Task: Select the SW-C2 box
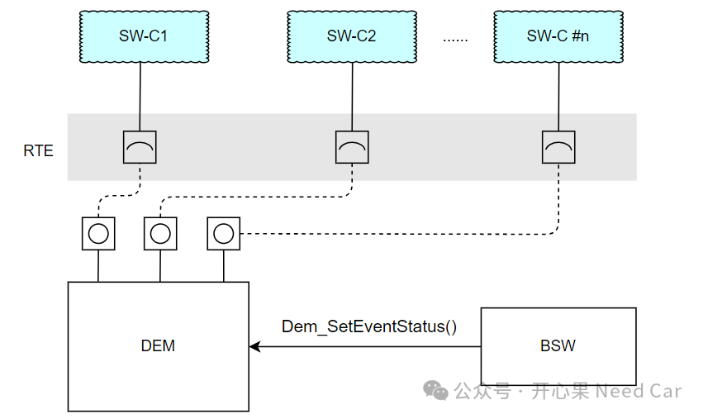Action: (x=352, y=36)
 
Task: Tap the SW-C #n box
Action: (x=558, y=36)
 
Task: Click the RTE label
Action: (x=39, y=150)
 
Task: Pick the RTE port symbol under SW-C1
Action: (x=140, y=147)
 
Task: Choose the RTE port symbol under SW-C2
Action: (x=352, y=147)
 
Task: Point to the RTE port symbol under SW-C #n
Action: (x=558, y=147)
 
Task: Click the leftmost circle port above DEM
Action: (x=98, y=233)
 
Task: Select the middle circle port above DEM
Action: (x=160, y=233)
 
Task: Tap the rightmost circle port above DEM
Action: (x=223, y=233)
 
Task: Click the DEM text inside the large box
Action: (x=158, y=345)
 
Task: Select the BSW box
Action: (x=558, y=345)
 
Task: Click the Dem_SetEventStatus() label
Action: (x=369, y=326)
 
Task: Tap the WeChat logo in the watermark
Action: (x=435, y=390)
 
